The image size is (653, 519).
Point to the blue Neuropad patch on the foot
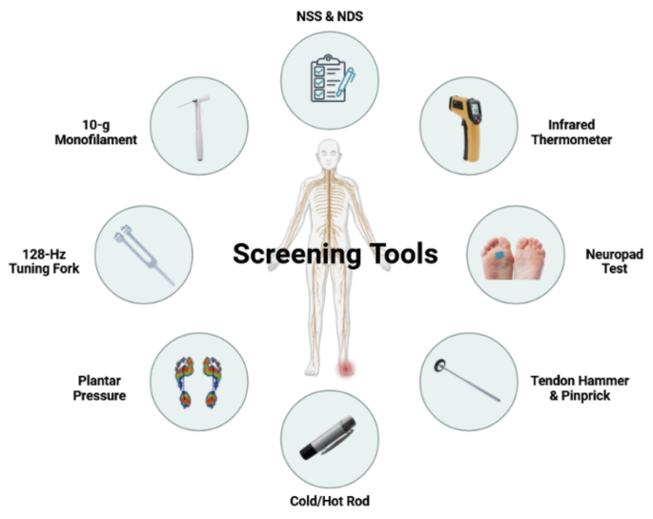tap(502, 254)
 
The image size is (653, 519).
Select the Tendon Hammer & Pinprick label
tap(579, 387)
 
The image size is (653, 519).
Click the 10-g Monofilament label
tap(95, 132)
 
